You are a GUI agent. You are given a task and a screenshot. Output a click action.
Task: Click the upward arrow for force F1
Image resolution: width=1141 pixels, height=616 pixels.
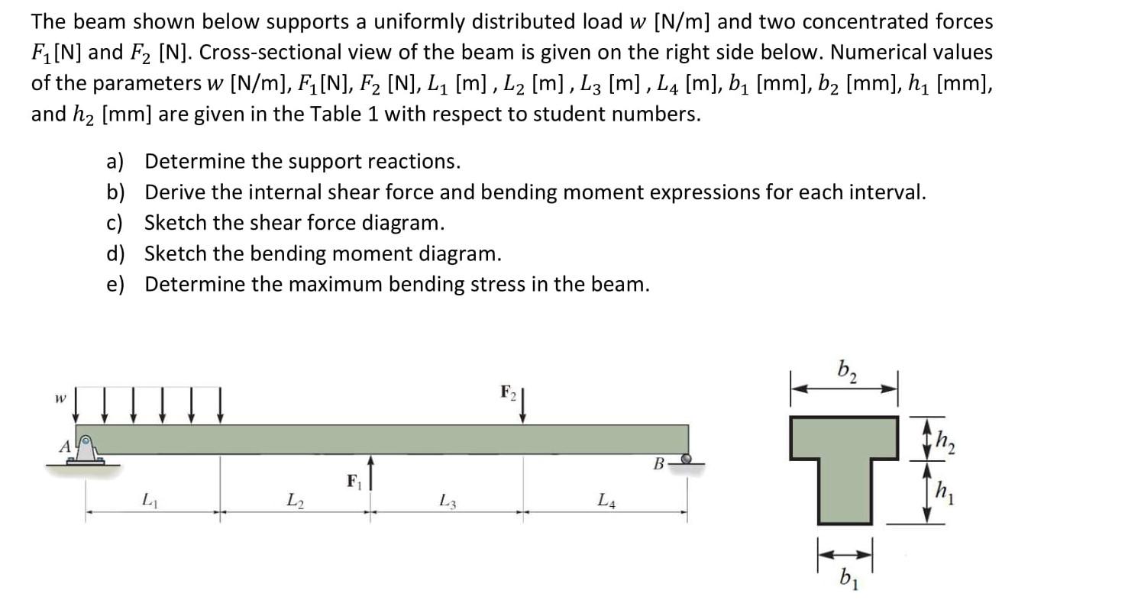click(370, 473)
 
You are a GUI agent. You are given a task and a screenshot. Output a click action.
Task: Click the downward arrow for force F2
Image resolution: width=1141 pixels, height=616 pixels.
click(523, 405)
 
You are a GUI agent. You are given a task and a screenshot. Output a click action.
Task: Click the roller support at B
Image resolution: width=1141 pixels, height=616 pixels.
click(686, 460)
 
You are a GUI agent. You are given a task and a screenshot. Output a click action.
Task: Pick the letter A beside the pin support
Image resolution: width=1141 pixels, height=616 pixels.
click(66, 446)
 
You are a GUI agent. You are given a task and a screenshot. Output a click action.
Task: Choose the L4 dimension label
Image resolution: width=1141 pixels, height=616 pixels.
click(606, 501)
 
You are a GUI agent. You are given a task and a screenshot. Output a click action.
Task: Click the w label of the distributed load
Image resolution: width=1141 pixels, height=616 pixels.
click(59, 398)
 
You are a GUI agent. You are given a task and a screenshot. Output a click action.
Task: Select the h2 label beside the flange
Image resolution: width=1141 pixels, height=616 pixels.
click(945, 441)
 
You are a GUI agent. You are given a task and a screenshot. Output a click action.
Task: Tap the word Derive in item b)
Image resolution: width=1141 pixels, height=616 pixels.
click(175, 192)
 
